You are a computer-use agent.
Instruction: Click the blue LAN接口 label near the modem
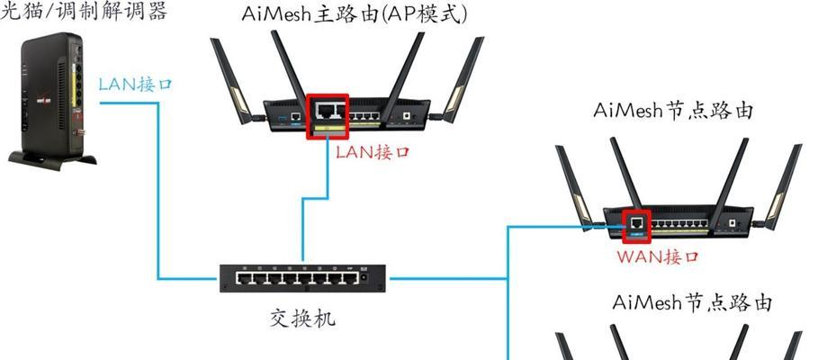[135, 84]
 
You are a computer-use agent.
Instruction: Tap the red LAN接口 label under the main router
[373, 152]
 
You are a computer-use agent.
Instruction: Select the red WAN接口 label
[657, 256]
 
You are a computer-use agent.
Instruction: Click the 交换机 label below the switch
[302, 318]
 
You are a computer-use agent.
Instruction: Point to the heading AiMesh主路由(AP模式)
[355, 14]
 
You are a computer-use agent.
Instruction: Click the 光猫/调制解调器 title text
[83, 11]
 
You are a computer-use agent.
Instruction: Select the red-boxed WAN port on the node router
[636, 226]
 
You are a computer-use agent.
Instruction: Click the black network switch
[302, 278]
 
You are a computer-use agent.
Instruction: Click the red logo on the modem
[43, 100]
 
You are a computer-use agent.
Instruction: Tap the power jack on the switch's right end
[364, 278]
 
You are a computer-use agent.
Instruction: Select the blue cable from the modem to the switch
[158, 191]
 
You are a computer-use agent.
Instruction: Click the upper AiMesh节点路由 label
[673, 110]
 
